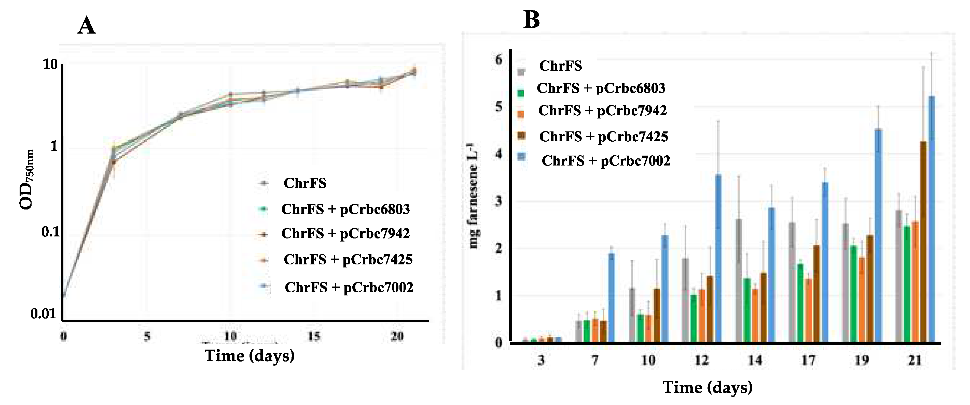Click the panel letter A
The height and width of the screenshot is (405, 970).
86,26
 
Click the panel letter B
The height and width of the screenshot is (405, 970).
531,20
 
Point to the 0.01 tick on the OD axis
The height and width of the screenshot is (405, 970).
43,314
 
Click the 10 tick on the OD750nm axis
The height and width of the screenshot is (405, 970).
50,64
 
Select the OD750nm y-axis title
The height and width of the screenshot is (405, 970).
27,179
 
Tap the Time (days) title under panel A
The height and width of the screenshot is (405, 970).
249,356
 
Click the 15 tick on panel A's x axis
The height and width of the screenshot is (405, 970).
313,336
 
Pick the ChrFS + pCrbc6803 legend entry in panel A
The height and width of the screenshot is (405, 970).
345,209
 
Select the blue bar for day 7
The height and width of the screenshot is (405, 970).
612,297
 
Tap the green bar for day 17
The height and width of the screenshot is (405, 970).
800,303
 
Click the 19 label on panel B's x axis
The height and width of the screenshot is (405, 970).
862,360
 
